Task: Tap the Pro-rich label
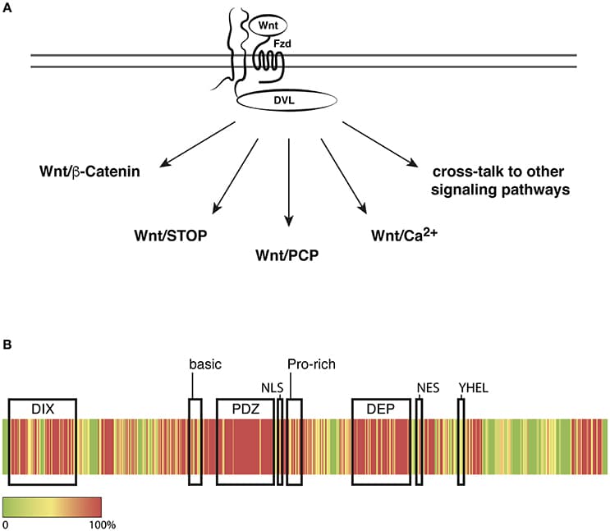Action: pos(311,364)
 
